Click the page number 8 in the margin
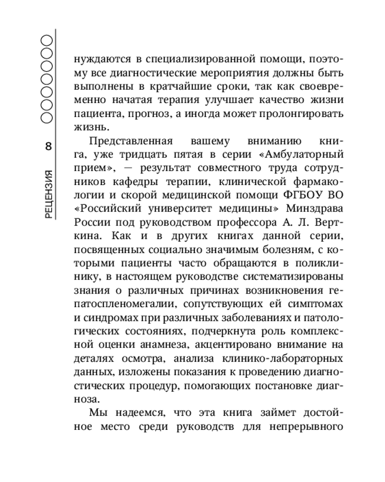[48, 147]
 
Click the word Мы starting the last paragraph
[97, 413]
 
